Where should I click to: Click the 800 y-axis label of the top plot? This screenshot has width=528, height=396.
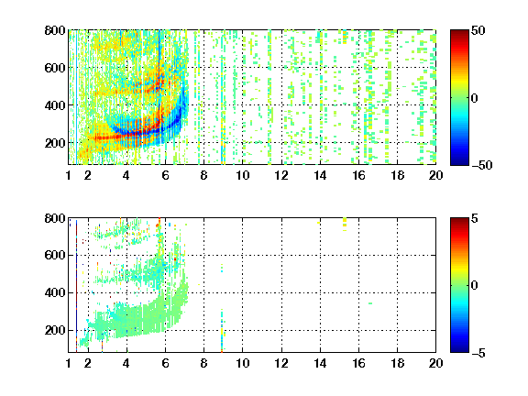pyautogui.click(x=55, y=30)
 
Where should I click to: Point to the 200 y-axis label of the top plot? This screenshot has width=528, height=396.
pyautogui.click(x=55, y=143)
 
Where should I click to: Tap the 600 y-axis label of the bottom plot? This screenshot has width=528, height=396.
pyautogui.click(x=55, y=255)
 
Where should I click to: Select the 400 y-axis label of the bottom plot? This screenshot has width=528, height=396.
pyautogui.click(x=55, y=292)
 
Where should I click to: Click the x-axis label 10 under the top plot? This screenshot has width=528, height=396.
pyautogui.click(x=242, y=175)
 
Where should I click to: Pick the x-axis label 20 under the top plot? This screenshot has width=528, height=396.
pyautogui.click(x=435, y=175)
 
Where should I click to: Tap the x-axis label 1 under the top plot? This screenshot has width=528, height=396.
pyautogui.click(x=69, y=175)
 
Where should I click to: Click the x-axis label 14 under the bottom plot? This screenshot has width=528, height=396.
pyautogui.click(x=320, y=363)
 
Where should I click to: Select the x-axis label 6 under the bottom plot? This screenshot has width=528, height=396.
pyautogui.click(x=165, y=363)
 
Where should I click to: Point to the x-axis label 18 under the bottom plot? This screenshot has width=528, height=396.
pyautogui.click(x=397, y=363)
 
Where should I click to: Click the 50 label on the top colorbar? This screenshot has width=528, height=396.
pyautogui.click(x=478, y=30)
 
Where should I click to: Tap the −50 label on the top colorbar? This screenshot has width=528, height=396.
pyautogui.click(x=481, y=165)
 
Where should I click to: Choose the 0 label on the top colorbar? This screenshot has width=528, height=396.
pyautogui.click(x=475, y=98)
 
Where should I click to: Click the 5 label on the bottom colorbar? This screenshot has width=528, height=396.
pyautogui.click(x=475, y=218)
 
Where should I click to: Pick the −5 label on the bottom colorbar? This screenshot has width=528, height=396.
pyautogui.click(x=478, y=353)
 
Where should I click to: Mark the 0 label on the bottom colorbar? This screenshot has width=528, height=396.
pyautogui.click(x=475, y=286)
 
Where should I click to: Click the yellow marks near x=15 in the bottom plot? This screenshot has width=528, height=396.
pyautogui.click(x=345, y=224)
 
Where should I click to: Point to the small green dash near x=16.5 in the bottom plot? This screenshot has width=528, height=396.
pyautogui.click(x=370, y=303)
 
